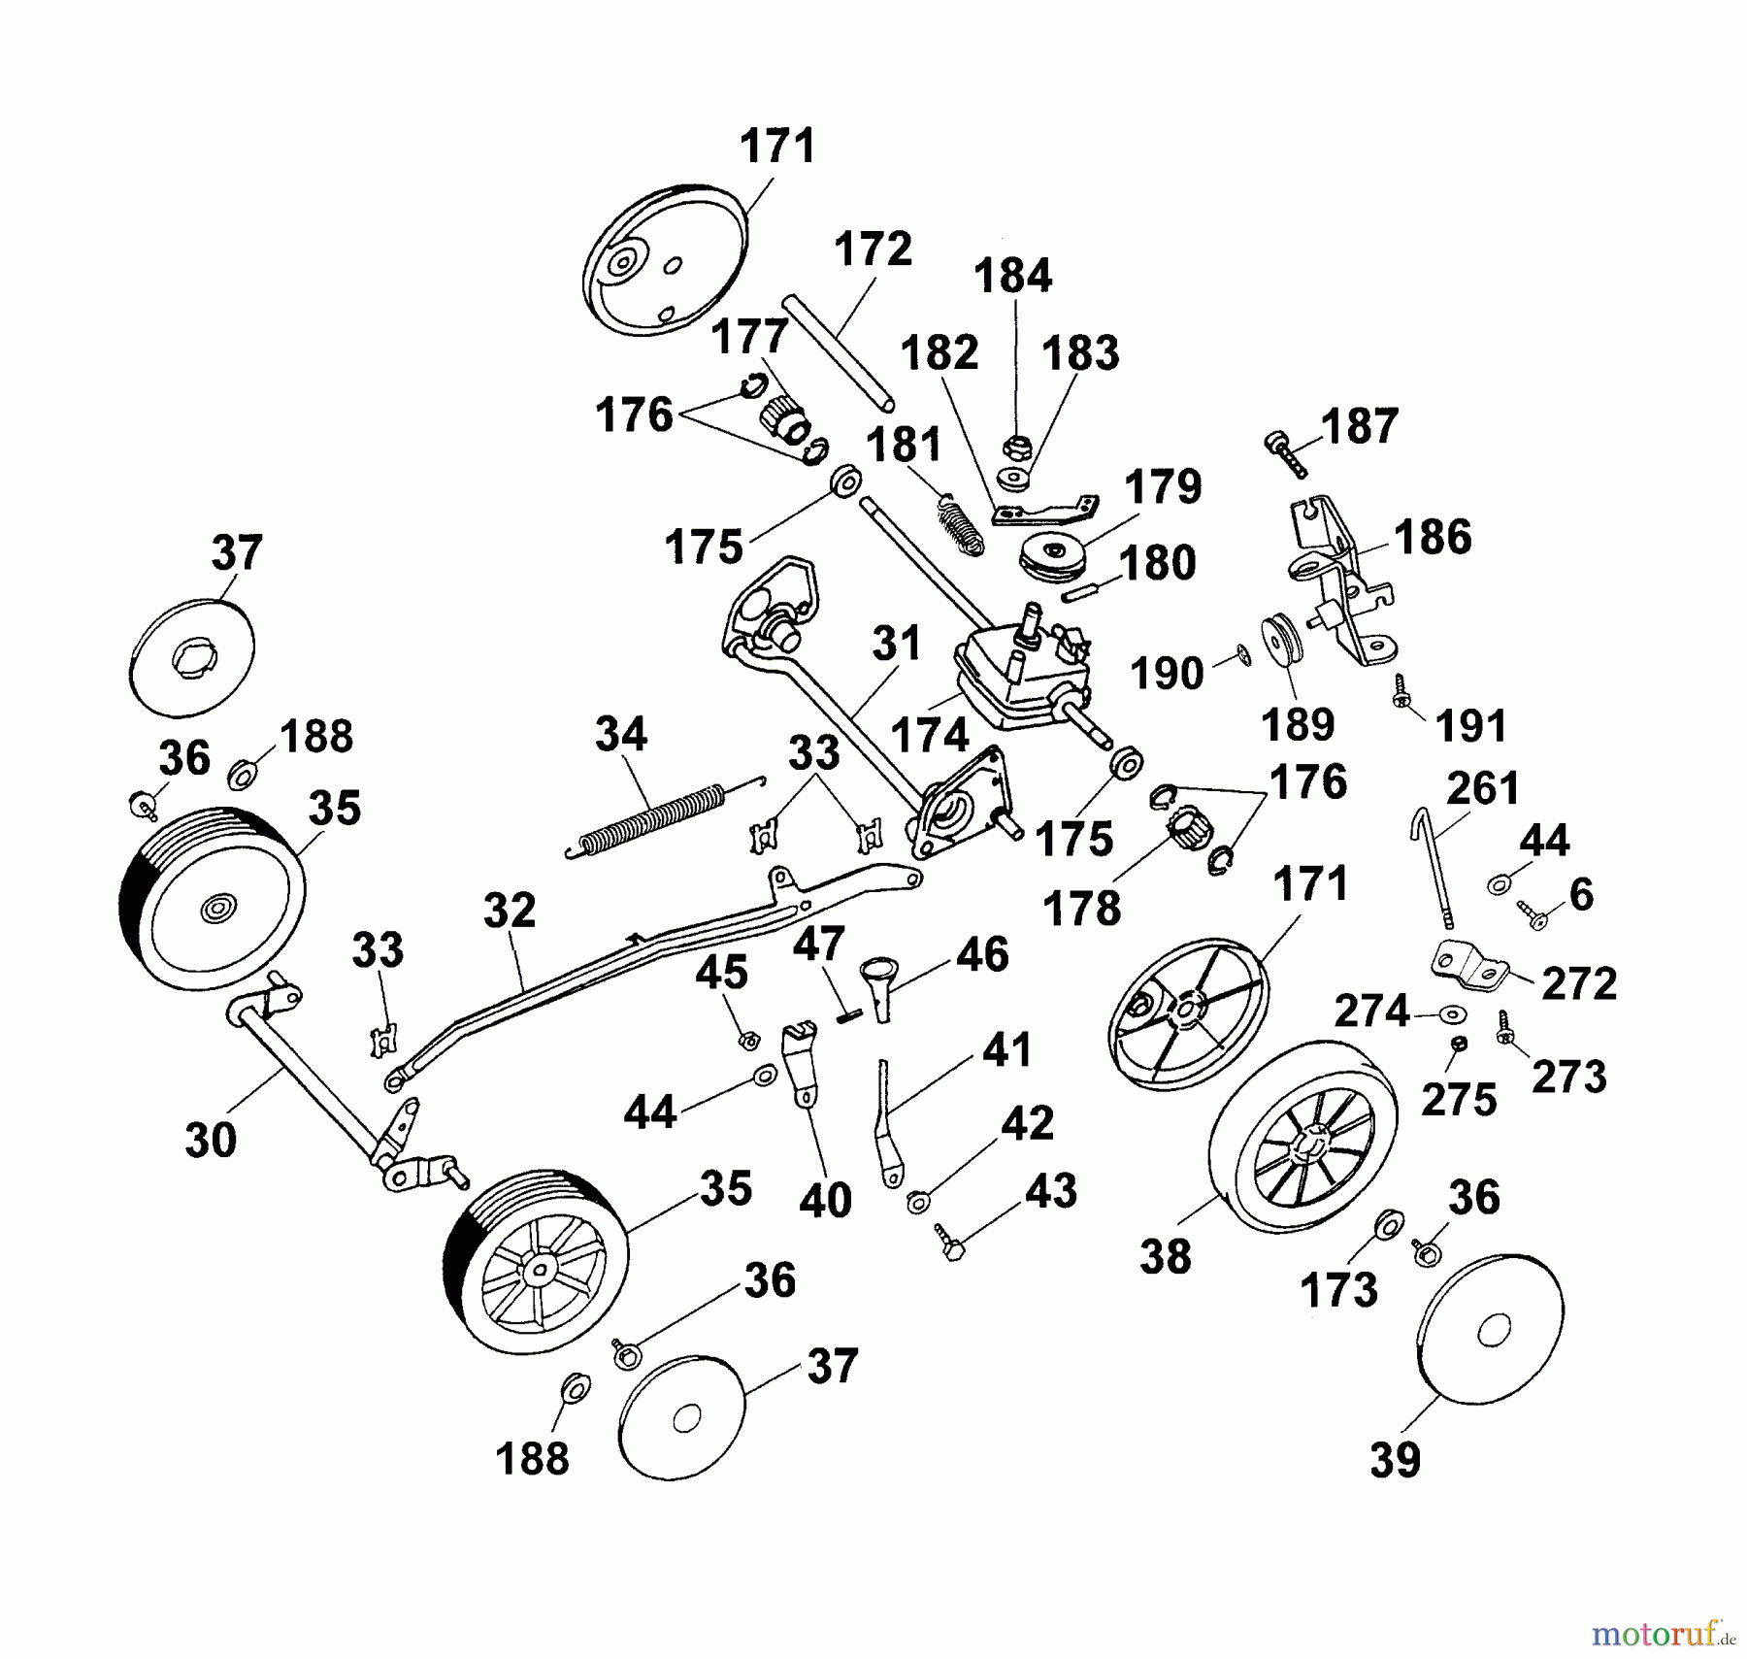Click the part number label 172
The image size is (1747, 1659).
(873, 249)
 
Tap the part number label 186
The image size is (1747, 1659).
(1433, 537)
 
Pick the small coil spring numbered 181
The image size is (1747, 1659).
(960, 526)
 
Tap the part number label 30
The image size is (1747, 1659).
(211, 1140)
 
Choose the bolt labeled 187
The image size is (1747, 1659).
(1285, 453)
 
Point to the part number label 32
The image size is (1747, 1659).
(510, 911)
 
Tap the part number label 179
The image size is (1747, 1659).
(1164, 486)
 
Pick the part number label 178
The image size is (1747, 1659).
(1082, 910)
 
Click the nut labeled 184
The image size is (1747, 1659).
(1016, 448)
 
